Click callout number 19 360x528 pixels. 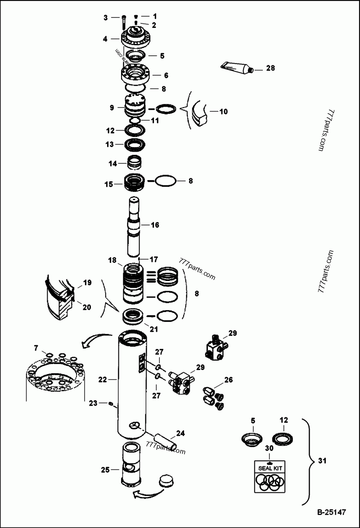pyautogui.click(x=87, y=283)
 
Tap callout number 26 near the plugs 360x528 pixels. pyautogui.click(x=229, y=380)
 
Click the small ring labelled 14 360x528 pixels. pyautogui.click(x=135, y=160)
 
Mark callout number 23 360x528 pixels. pyautogui.click(x=92, y=403)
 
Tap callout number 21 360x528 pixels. pyautogui.click(x=154, y=329)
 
